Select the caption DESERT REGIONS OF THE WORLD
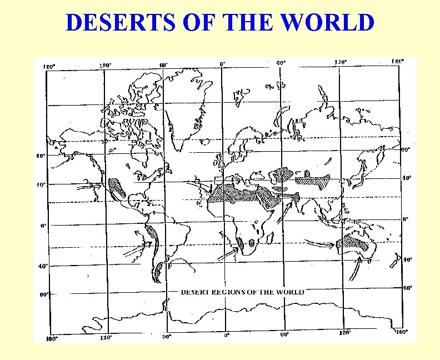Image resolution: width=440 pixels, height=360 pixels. pos(242,292)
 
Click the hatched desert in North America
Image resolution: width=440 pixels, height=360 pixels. pos(117,187)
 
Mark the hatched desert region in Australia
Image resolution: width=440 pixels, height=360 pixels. pos(353,241)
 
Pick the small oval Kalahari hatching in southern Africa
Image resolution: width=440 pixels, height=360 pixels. pos(251,243)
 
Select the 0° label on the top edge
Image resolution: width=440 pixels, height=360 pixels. pos(222,64)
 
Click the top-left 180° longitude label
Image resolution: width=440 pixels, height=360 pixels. pos(49,67)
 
